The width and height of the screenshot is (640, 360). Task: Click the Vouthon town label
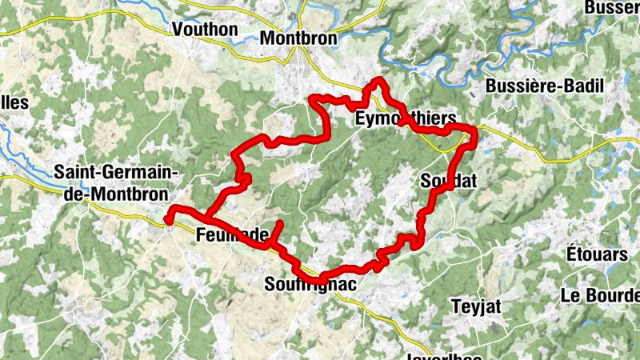tap(206, 30)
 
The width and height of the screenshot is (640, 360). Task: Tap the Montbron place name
tap(299, 37)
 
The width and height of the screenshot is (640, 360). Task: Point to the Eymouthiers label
tap(405, 119)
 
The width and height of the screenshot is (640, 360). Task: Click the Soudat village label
tap(448, 182)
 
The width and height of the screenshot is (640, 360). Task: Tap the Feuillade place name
tap(231, 234)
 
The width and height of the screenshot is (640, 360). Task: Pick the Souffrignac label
tap(310, 285)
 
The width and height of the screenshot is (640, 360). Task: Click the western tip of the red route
tap(167, 217)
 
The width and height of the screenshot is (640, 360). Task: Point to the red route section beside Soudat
tap(432, 200)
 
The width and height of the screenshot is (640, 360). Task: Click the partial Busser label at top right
tap(612, 7)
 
